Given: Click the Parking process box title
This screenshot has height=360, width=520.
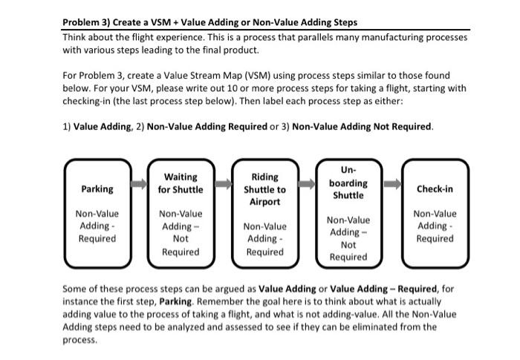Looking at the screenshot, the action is click(x=97, y=189).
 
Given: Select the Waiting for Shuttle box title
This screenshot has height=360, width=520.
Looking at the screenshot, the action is click(x=181, y=183).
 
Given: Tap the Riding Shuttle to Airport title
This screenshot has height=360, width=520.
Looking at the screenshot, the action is click(x=265, y=189).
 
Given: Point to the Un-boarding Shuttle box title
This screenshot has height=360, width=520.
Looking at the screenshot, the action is click(x=348, y=183).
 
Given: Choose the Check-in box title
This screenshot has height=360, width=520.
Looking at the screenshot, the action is click(x=435, y=189).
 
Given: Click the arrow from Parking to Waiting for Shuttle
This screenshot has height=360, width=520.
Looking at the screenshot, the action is click(x=138, y=183).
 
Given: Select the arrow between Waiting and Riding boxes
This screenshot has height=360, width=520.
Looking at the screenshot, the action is click(x=223, y=183).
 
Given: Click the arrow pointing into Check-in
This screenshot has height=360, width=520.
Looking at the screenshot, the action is click(x=392, y=183).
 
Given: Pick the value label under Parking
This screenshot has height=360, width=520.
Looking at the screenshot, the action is click(x=97, y=226).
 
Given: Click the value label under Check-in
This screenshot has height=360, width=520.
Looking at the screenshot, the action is click(x=435, y=226).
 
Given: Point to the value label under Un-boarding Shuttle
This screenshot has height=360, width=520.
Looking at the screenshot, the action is click(x=348, y=238).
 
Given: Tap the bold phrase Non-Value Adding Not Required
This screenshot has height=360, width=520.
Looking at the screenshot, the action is click(x=362, y=126).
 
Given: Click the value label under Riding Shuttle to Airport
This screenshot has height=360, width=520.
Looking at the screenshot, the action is click(x=265, y=238).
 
